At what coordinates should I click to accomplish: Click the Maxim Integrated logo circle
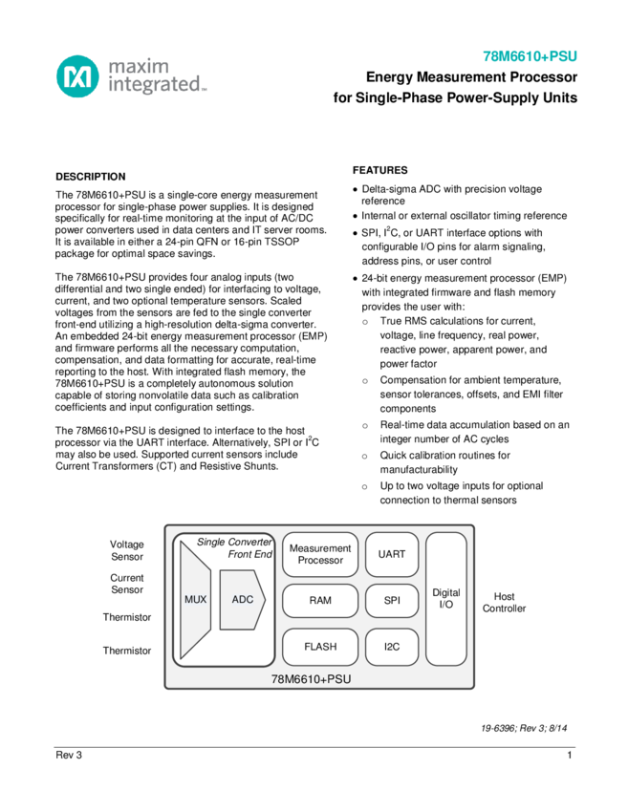point(77,76)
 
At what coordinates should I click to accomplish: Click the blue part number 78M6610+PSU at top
point(530,56)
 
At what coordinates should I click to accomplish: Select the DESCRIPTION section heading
point(91,177)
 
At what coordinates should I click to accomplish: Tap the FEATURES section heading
point(380,170)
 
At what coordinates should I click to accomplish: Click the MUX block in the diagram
point(195,600)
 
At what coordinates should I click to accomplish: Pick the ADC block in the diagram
point(242,600)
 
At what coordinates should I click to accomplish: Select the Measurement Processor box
point(320,554)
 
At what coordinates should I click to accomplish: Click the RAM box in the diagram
point(320,601)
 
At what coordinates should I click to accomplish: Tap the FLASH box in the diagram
point(320,647)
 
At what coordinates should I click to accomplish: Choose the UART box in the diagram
point(392,554)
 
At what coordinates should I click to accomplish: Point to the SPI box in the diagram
point(392,601)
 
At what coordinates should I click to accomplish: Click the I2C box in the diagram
point(392,647)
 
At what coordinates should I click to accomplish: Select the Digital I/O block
point(446,599)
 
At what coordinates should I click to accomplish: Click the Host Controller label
point(504,603)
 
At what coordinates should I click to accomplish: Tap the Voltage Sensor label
point(127,550)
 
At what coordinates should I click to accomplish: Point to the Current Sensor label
point(127,584)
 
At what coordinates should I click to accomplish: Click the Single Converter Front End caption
point(235,547)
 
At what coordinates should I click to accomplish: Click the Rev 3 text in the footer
point(69,756)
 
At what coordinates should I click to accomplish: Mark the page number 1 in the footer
point(570,756)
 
